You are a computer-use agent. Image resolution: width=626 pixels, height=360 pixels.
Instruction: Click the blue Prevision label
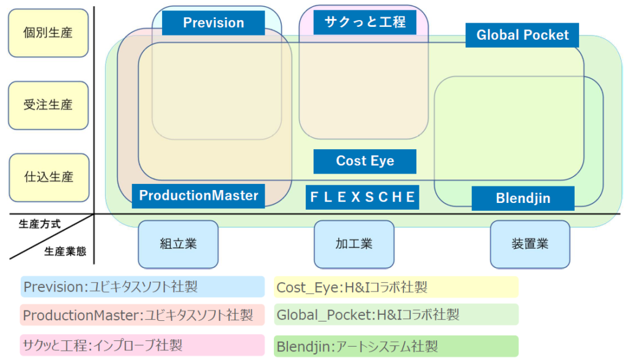click(x=213, y=23)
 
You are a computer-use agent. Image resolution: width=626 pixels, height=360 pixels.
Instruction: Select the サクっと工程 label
click(x=365, y=23)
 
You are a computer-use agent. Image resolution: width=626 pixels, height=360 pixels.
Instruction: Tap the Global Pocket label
click(x=523, y=35)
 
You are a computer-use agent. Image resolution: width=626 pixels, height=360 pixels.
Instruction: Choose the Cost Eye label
click(x=365, y=161)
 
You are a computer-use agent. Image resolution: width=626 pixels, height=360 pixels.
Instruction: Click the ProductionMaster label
click(x=199, y=196)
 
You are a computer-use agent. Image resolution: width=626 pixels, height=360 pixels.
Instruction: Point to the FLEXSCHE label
click(x=363, y=197)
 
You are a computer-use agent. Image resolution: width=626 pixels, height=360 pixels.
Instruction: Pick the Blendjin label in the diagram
click(x=523, y=199)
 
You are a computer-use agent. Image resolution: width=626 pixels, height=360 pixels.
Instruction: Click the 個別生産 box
click(x=48, y=33)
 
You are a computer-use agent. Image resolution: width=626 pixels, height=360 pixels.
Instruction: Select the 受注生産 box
click(x=48, y=105)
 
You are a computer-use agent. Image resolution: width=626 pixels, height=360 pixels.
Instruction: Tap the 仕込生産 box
click(x=48, y=177)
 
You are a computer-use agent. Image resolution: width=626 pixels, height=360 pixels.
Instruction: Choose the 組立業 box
click(x=178, y=244)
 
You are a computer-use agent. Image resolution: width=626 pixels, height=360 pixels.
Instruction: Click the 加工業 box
click(x=353, y=244)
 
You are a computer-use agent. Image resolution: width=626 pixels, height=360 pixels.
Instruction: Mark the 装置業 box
click(x=529, y=244)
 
